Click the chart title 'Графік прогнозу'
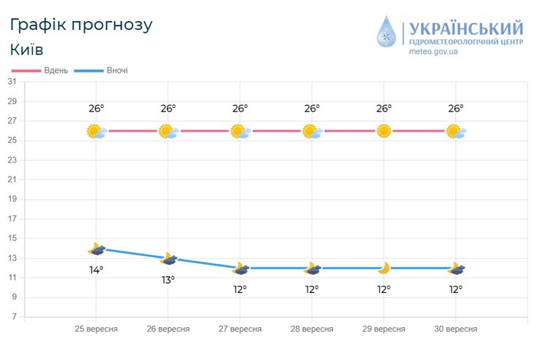click(x=81, y=25)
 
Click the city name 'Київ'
click(x=27, y=50)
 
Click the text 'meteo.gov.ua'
click(x=433, y=52)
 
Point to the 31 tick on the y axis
click(x=12, y=82)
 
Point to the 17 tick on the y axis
click(x=12, y=219)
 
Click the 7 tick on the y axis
click(x=14, y=317)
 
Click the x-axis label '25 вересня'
click(x=96, y=329)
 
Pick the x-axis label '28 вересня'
click(x=312, y=329)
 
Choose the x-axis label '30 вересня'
click(x=456, y=329)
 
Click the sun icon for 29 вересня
click(x=384, y=131)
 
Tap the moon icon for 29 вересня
click(x=384, y=268)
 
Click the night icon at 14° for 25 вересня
click(x=96, y=249)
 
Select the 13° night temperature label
click(x=168, y=279)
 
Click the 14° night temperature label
click(x=96, y=270)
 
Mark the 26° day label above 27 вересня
click(x=240, y=109)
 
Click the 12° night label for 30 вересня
click(x=456, y=289)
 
